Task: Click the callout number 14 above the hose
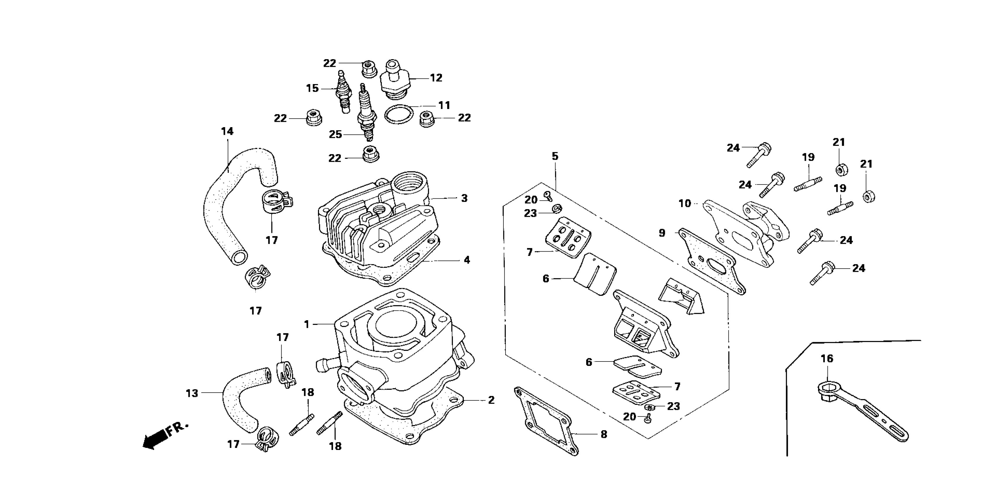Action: point(227,131)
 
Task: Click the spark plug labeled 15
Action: point(344,91)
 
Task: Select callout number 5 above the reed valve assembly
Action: point(555,156)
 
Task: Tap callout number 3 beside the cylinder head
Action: point(464,198)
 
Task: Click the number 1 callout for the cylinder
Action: point(307,324)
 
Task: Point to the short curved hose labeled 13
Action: point(244,399)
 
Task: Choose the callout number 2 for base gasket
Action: point(491,400)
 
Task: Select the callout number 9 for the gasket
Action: point(662,233)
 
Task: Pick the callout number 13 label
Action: point(192,393)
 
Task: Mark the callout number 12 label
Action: point(436,78)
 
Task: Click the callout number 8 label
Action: point(604,434)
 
